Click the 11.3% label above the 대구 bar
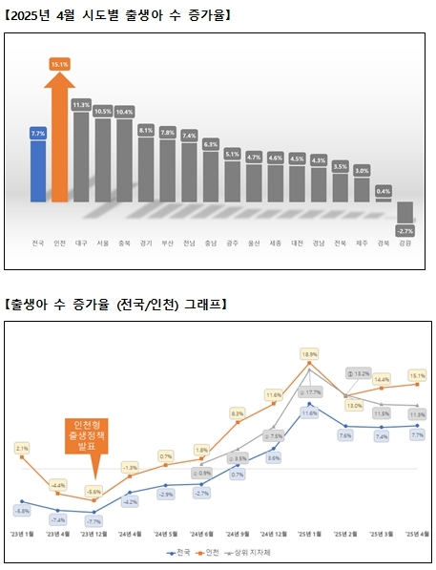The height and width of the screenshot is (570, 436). tap(81, 105)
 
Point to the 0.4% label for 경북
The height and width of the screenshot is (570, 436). tap(384, 191)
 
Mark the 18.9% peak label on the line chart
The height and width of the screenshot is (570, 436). tap(309, 354)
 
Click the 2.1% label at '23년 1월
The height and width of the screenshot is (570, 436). tap(23, 447)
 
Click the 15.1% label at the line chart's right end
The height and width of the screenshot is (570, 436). tap(417, 375)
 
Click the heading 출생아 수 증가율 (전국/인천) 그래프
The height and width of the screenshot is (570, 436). tap(118, 304)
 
